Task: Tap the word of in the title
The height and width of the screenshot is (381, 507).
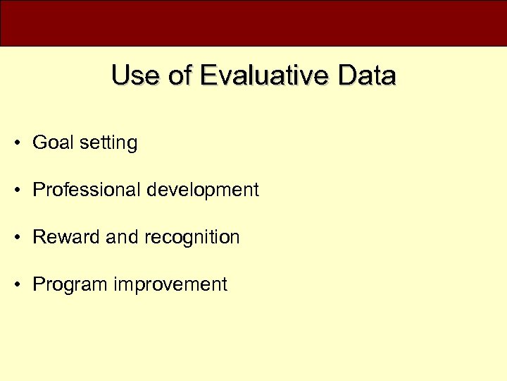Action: [180, 75]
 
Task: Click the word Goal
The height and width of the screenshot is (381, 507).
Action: [53, 143]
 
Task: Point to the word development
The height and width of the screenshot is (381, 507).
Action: [204, 190]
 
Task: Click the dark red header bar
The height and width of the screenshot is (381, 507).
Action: [254, 23]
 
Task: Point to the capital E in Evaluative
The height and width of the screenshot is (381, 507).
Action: [208, 75]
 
